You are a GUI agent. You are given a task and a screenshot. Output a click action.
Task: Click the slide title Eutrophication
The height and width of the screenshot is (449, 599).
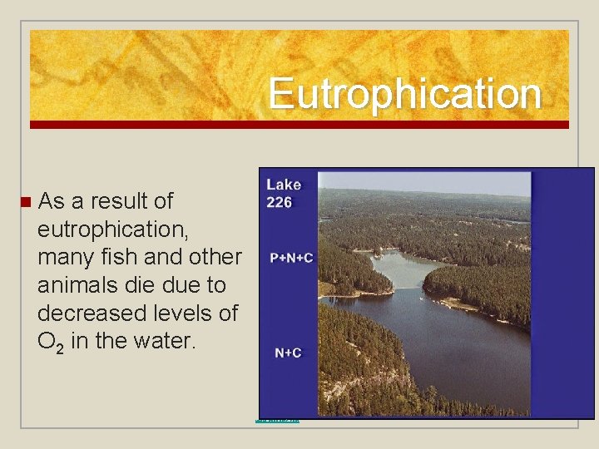coord(404,93)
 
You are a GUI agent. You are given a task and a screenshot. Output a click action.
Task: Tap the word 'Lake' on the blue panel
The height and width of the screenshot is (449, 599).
coord(284,185)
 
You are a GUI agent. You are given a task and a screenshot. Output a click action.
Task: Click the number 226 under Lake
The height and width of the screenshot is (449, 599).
coord(280,202)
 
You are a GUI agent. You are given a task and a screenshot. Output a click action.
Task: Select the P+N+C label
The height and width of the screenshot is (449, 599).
coord(291,258)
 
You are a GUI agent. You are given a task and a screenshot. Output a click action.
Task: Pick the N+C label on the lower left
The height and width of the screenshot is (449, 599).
coord(288,353)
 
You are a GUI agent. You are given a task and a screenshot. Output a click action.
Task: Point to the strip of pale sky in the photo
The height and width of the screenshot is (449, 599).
coord(424,181)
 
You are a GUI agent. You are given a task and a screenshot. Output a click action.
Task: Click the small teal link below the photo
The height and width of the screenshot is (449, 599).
coord(278,420)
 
